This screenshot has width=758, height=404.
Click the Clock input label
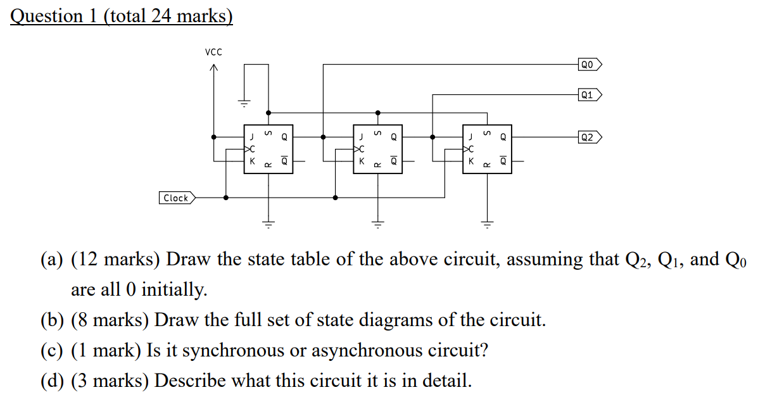pos(176,198)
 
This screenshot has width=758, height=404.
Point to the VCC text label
pos(213,52)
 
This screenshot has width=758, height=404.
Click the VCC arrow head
pos(214,68)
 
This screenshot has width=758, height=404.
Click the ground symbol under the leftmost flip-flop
pos(268,224)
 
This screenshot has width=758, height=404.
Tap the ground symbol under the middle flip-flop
pos(378,224)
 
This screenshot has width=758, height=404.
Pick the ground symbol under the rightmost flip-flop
pos(487,224)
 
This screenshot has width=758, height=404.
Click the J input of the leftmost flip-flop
pos(252,136)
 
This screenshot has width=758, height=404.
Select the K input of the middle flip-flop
pos(362,161)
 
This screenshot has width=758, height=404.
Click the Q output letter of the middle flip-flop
pos(394,136)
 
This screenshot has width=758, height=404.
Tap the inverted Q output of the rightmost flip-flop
pos(503,161)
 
